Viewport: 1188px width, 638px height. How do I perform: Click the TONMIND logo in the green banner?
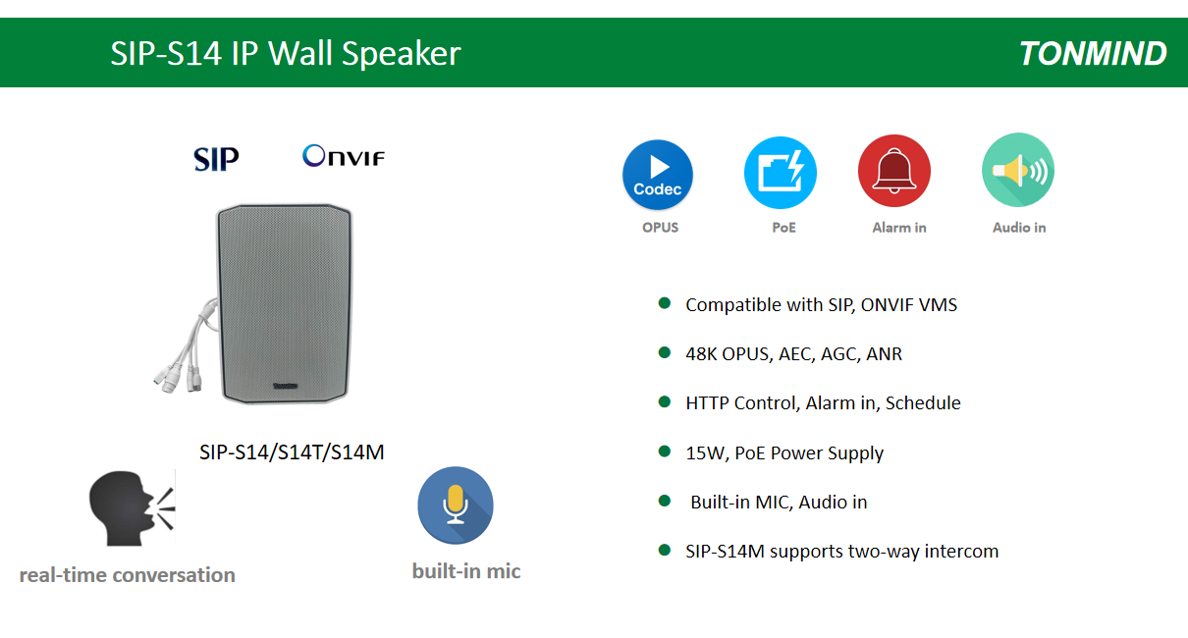point(1093,54)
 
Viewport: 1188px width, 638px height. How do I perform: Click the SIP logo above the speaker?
point(216,159)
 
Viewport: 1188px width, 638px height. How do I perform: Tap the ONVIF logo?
point(344,156)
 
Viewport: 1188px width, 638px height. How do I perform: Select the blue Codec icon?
point(658,175)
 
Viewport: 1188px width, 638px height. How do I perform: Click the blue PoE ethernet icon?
point(781,173)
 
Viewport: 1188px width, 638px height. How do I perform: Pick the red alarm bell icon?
point(894,171)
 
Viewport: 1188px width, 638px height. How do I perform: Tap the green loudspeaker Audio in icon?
point(1018,170)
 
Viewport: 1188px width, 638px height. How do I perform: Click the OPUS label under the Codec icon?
point(661,228)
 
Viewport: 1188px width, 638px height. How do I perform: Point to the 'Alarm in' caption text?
point(899,228)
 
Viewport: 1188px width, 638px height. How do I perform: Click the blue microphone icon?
point(456,505)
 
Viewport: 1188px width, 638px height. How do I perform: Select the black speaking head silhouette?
point(132,508)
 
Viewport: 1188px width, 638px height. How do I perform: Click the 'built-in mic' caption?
point(466,571)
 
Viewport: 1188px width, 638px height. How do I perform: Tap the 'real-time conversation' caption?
point(128,575)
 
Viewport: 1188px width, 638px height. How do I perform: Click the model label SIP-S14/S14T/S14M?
point(292,452)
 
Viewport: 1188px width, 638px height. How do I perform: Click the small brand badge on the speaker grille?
point(286,386)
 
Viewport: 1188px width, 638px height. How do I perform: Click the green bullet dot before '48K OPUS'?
point(665,352)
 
